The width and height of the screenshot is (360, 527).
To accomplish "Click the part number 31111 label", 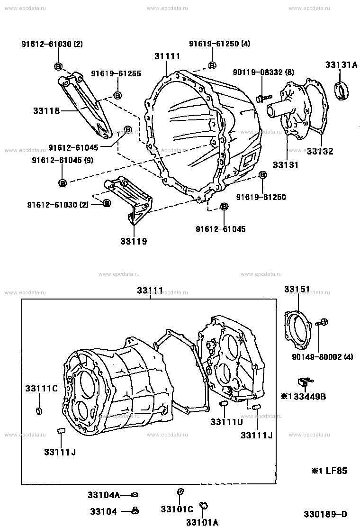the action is (x=167, y=56).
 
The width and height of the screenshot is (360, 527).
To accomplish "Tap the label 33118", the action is (x=46, y=110).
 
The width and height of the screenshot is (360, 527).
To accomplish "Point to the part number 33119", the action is (x=134, y=241).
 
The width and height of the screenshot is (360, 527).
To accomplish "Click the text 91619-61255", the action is (x=116, y=73).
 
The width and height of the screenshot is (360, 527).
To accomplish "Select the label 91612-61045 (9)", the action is (x=63, y=160).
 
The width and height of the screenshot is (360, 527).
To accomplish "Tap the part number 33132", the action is (x=320, y=151).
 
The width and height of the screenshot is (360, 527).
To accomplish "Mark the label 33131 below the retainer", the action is (x=286, y=165).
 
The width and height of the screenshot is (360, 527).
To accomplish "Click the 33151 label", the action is (x=297, y=290).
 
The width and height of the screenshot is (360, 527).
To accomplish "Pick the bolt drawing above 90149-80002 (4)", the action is (x=322, y=323).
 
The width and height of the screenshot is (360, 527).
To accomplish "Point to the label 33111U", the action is (x=227, y=422).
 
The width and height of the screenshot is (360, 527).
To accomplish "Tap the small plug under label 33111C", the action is (x=39, y=411).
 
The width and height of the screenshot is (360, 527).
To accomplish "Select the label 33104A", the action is (x=104, y=495).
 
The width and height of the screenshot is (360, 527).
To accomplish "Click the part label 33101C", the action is (x=177, y=509).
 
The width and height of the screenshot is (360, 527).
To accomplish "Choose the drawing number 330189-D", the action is (x=325, y=514).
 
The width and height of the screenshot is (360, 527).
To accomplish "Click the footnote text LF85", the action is (x=336, y=471).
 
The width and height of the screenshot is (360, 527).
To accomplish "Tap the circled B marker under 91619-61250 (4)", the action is (x=212, y=65).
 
